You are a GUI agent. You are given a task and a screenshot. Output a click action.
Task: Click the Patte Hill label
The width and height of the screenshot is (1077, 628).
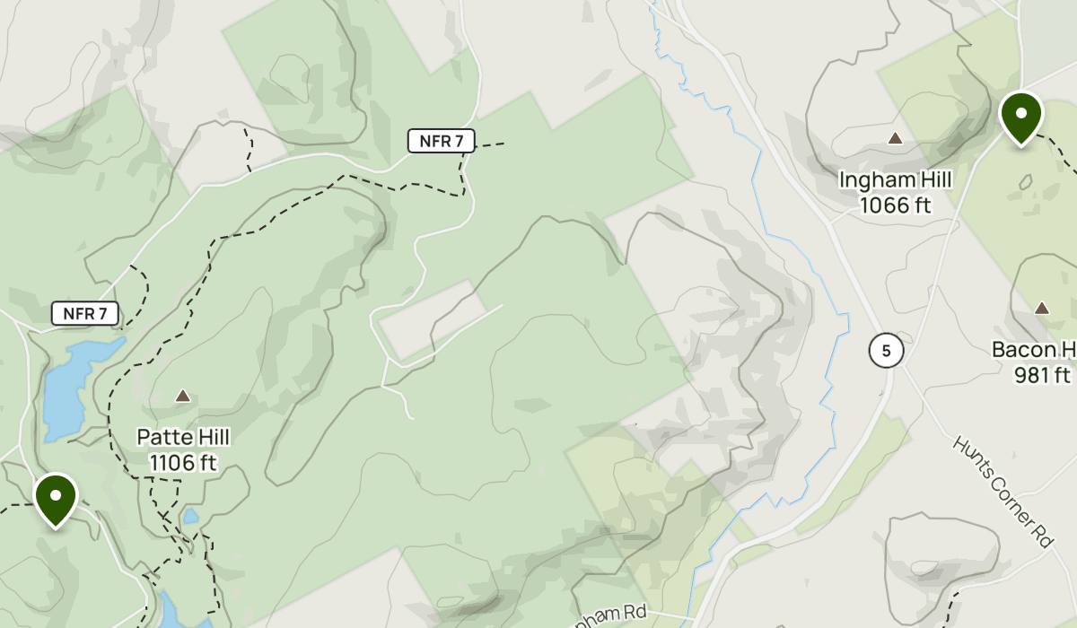183,437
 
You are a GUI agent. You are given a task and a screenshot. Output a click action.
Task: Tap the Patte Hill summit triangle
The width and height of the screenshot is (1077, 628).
183,396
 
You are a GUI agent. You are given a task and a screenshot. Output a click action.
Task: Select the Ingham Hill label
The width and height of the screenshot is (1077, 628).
895,179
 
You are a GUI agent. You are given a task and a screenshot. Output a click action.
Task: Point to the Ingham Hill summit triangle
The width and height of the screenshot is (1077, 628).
895,138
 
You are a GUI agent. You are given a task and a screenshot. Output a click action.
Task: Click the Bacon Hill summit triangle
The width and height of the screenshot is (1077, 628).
1042,308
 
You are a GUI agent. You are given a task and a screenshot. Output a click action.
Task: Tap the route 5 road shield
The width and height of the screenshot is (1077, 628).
886,351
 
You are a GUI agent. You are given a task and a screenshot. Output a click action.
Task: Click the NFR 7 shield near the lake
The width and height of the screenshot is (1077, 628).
85,313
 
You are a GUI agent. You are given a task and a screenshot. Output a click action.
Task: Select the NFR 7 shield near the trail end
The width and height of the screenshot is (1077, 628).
442,140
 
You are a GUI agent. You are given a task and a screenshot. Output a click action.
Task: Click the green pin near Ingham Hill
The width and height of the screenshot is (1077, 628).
1020,117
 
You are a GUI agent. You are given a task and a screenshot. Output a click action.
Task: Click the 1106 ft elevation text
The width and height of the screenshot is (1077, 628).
183,463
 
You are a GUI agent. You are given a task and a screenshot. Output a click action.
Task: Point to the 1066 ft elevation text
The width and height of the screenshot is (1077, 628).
895,205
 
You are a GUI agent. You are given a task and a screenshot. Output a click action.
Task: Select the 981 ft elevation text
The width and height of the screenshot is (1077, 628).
1044,375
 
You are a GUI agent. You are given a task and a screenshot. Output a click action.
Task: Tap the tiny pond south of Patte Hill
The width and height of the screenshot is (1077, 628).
190,516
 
